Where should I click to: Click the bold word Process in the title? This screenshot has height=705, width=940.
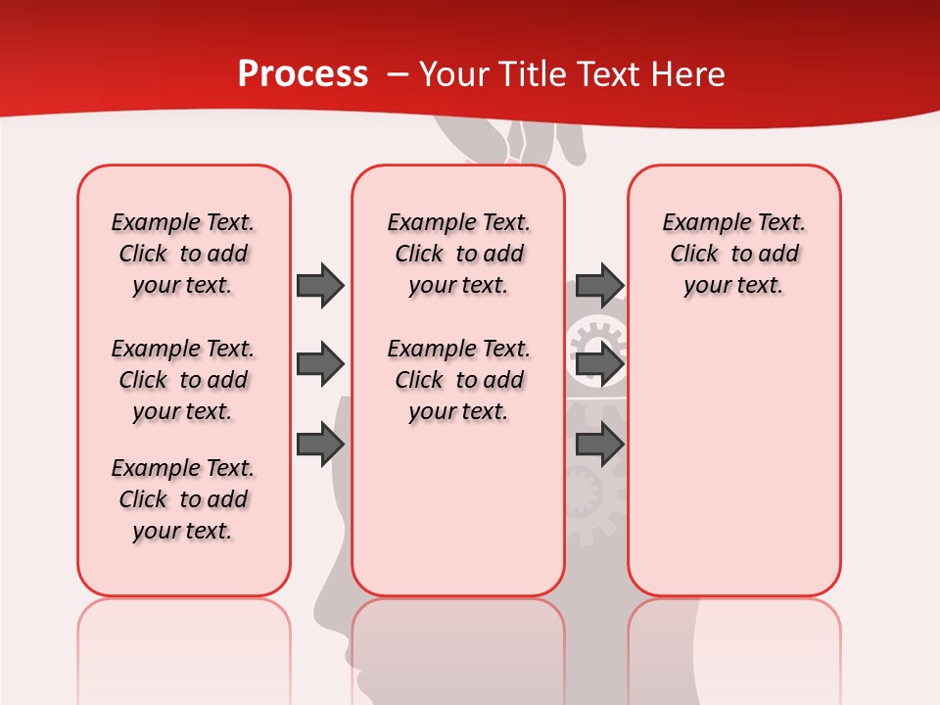(303, 74)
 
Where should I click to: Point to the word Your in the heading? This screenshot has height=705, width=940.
(453, 74)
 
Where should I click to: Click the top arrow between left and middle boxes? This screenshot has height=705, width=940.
(320, 285)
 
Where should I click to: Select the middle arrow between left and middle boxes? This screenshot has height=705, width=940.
(320, 364)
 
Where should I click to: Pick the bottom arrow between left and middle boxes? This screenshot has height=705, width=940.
(320, 444)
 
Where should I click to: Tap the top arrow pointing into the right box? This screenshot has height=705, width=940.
(599, 285)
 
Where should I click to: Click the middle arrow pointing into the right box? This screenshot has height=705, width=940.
(599, 364)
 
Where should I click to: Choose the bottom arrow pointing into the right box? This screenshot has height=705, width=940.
(599, 444)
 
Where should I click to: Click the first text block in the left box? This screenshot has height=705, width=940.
(183, 254)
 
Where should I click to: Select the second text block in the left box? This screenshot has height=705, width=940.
(183, 380)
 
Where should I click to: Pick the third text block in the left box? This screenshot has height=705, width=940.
(183, 499)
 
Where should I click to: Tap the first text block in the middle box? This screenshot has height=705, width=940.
(458, 254)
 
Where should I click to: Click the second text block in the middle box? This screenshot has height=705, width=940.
(458, 380)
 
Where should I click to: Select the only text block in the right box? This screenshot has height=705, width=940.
(733, 254)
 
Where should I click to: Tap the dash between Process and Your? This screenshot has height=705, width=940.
(398, 74)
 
